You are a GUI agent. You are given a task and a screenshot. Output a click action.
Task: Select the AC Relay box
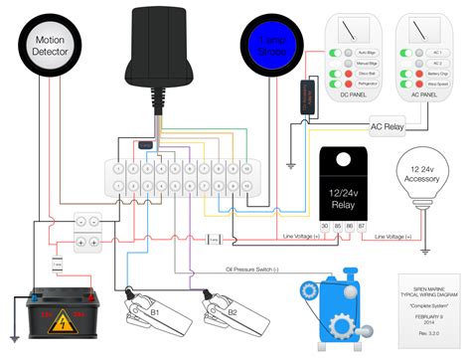[x=389, y=126]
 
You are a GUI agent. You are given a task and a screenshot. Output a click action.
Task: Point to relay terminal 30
[x=325, y=227]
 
